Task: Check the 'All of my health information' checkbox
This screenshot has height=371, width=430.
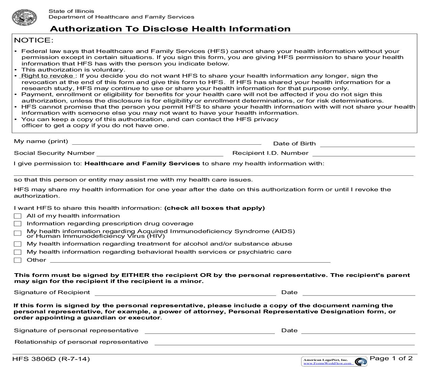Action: tap(18, 216)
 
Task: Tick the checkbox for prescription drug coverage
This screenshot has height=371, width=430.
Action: tap(18, 224)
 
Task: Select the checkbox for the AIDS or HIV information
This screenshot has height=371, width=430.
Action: tap(18, 233)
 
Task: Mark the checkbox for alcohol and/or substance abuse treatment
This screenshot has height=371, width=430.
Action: tap(18, 244)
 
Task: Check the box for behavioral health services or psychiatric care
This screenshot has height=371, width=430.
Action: tap(18, 252)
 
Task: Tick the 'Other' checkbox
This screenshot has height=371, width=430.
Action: tap(18, 260)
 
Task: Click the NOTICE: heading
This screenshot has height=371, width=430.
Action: tap(34, 40)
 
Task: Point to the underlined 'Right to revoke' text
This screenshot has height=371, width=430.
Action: tap(47, 76)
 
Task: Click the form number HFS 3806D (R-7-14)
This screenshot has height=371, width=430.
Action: tap(51, 359)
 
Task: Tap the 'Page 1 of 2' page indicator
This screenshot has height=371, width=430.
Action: tap(391, 358)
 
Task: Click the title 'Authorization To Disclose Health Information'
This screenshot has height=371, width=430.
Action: tap(170, 29)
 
